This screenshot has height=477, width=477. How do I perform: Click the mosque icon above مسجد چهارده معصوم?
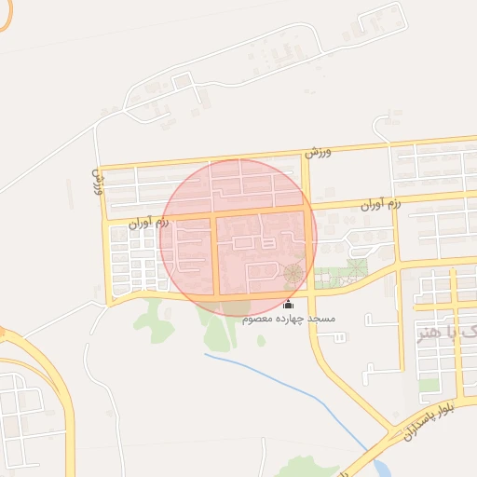[288, 305]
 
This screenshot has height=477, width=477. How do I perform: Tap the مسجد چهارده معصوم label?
[289, 319]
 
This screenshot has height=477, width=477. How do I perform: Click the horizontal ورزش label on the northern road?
[318, 150]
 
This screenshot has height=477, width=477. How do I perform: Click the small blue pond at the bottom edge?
[383, 467]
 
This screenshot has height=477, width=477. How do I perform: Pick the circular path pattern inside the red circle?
[293, 273]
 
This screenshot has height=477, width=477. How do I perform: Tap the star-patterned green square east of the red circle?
[356, 269]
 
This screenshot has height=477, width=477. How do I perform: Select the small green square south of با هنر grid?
[428, 384]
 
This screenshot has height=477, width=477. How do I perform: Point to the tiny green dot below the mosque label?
[262, 341]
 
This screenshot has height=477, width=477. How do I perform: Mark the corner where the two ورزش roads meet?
[101, 169]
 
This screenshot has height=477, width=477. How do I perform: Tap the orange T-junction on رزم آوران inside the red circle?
[216, 216]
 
